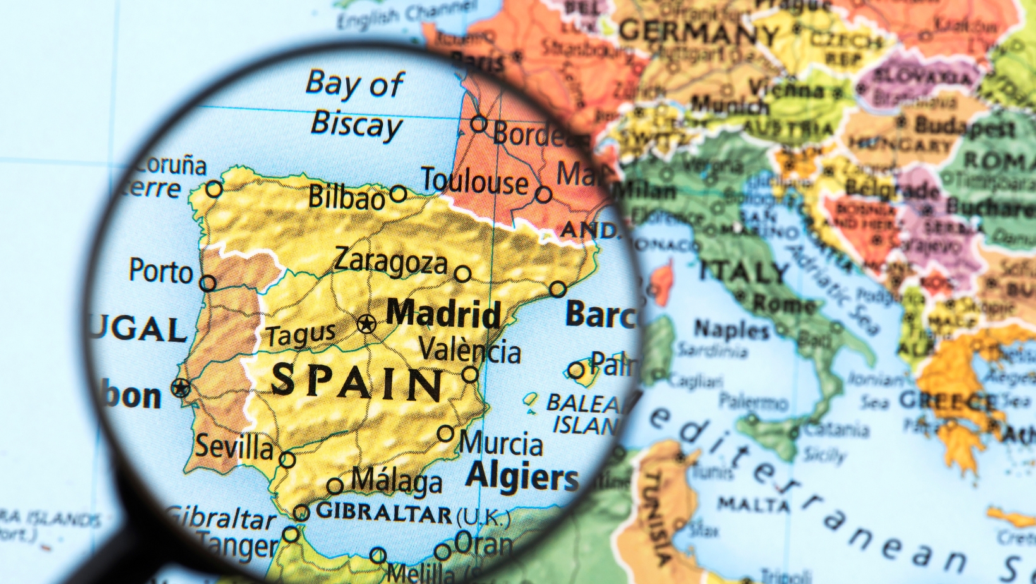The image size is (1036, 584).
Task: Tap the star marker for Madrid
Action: [x=366, y=324]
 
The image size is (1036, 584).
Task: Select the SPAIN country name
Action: [x=358, y=382]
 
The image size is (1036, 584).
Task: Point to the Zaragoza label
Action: [x=390, y=261]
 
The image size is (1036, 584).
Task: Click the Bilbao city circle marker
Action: [x=398, y=193]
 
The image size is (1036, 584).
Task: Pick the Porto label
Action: [x=160, y=272]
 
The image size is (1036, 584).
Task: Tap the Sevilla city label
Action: [x=234, y=447]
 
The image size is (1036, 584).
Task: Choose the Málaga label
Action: [x=396, y=481]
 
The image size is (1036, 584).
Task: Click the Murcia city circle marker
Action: [x=446, y=434]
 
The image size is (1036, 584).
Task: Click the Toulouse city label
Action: [x=474, y=181]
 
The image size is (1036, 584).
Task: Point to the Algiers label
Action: [x=522, y=477]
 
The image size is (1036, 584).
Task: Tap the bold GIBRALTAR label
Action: [x=384, y=512]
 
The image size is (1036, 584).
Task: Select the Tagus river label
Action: [x=301, y=335]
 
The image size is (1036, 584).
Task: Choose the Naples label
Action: [x=732, y=329]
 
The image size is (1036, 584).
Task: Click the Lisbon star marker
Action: [x=181, y=387]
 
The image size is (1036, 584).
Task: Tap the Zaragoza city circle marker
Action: [x=463, y=274]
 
